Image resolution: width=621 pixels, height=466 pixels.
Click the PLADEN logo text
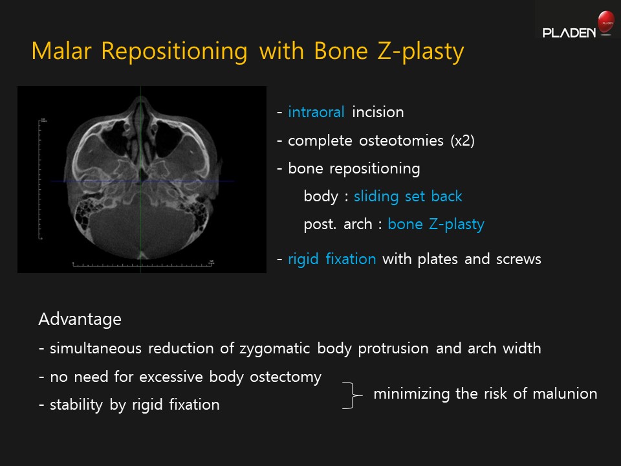point(569,32)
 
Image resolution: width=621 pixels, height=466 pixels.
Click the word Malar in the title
point(61,50)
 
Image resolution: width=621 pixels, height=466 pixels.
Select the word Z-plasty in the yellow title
point(420,52)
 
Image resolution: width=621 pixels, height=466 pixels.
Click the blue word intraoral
point(316,112)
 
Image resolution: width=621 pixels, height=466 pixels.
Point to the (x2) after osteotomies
point(462,140)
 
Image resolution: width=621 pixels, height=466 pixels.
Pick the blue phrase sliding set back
point(408,196)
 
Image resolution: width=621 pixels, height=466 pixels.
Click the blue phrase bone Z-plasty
point(436,225)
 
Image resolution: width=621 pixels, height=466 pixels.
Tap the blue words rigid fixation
point(332,259)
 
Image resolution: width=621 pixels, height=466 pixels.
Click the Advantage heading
point(80,319)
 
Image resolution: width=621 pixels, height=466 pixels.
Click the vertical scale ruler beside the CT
point(40,179)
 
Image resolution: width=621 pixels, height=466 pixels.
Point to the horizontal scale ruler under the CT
point(143,263)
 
